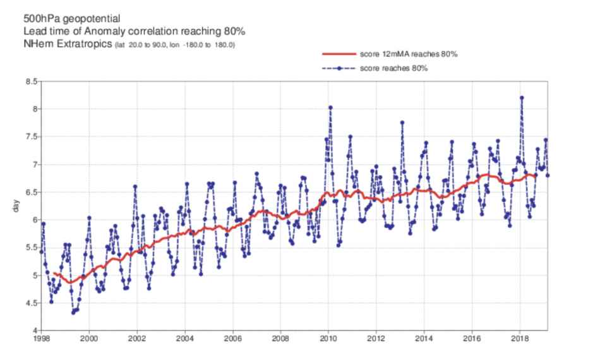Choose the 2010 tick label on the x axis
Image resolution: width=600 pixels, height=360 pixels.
(328, 339)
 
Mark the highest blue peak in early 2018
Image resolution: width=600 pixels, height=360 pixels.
(522, 97)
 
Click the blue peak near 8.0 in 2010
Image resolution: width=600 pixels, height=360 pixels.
(330, 107)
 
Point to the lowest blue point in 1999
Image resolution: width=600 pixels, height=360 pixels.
(73, 312)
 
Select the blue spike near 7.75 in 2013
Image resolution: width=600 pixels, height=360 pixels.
(402, 123)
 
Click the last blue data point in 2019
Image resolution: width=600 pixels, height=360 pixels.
(548, 175)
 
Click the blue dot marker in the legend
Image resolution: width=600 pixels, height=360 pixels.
(339, 68)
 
